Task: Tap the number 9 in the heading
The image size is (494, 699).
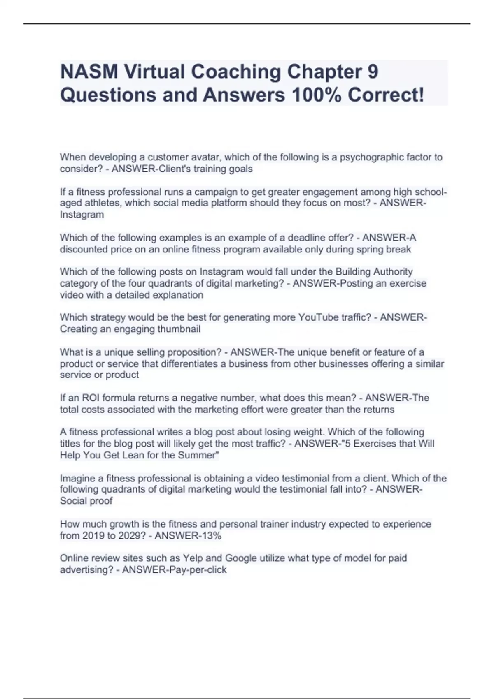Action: point(372,72)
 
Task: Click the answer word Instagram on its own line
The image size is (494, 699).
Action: point(82,215)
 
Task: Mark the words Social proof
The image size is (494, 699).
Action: point(86,501)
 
